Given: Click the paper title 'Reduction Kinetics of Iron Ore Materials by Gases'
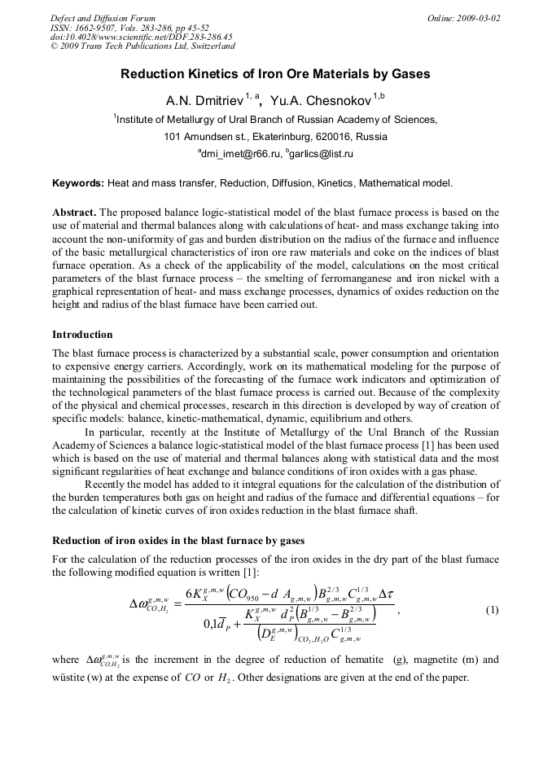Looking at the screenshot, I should (275, 74).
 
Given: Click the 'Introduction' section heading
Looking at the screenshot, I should (82, 335).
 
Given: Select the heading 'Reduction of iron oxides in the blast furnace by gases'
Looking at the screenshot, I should (178, 540).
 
